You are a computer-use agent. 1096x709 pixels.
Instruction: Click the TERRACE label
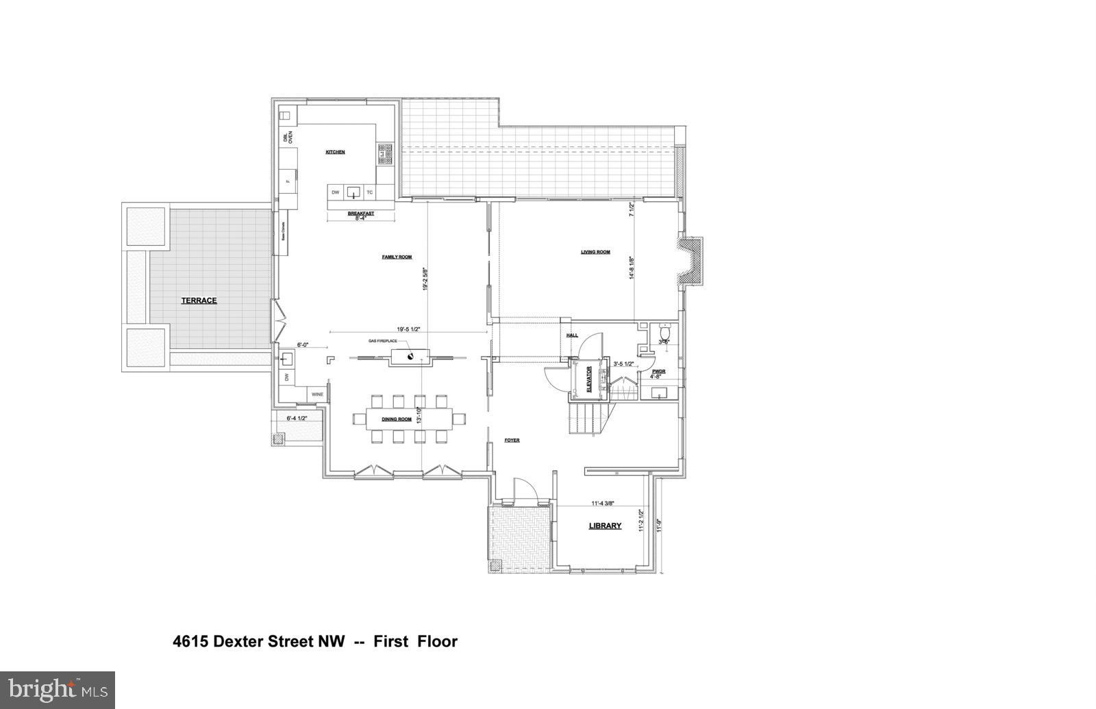coord(199,300)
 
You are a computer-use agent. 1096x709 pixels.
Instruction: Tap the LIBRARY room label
coord(606,526)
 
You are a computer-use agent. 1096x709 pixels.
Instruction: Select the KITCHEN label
coord(335,152)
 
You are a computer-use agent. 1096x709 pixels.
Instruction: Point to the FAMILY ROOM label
coord(397,257)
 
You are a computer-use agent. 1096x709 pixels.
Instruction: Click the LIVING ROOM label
coord(595,252)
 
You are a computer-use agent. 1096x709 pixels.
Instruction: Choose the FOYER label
coord(512,440)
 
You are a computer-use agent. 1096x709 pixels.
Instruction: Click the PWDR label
coord(658,372)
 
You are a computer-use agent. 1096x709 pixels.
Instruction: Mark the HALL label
coord(572,335)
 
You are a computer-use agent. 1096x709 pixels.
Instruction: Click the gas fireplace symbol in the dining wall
coord(410,355)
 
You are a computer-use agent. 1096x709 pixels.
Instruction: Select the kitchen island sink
coord(353,192)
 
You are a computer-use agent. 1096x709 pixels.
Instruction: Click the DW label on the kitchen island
coord(336,192)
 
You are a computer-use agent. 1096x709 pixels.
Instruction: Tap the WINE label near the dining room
coord(317,394)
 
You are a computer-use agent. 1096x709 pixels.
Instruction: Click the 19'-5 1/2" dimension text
coord(408,329)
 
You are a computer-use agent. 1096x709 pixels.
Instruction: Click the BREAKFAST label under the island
coord(360,214)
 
